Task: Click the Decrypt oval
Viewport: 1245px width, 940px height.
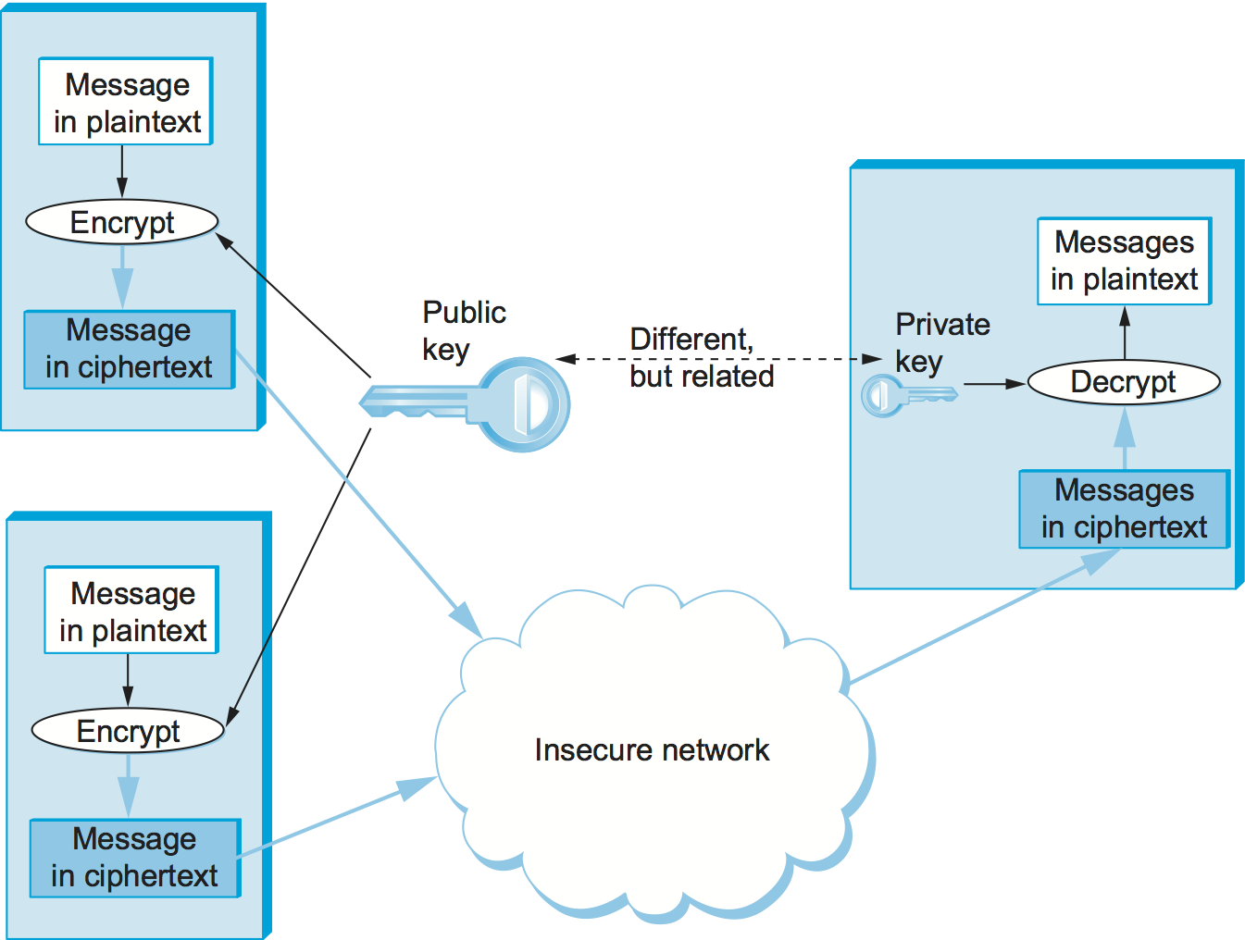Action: pos(1124,382)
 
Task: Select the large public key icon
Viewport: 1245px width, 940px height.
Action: pos(466,404)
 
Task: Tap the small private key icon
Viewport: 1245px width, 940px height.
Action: pos(908,396)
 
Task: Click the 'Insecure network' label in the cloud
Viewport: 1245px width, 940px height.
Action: pos(652,749)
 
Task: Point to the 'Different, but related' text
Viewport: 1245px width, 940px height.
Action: pos(701,358)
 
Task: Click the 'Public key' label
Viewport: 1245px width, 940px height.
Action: pos(463,330)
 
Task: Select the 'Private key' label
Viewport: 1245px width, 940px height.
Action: pos(941,342)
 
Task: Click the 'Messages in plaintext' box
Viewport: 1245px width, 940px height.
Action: pos(1124,261)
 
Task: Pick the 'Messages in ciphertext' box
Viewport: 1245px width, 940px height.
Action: pos(1124,509)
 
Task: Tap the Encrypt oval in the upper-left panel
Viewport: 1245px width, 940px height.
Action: pos(121,222)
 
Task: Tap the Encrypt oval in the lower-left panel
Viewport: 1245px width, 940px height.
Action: pos(128,731)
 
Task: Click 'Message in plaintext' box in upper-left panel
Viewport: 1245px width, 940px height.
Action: pos(126,102)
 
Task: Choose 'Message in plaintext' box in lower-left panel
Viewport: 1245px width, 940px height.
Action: pos(131,611)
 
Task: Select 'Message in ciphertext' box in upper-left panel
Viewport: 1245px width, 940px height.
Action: pos(129,349)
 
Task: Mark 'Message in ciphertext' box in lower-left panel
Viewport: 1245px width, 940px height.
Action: pos(135,858)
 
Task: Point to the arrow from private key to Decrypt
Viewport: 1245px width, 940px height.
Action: pos(993,383)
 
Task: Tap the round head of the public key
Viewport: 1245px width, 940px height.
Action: pos(524,404)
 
